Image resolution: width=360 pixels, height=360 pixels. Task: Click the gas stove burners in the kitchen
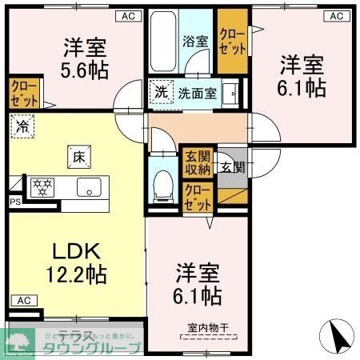pyautogui.click(x=42, y=188)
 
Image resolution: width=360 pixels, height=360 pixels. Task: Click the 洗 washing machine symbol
pyautogui.click(x=161, y=91)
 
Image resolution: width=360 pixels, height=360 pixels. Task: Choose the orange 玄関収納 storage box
pyautogui.click(x=198, y=162)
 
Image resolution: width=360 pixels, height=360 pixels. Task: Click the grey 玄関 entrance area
pyautogui.click(x=234, y=167)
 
